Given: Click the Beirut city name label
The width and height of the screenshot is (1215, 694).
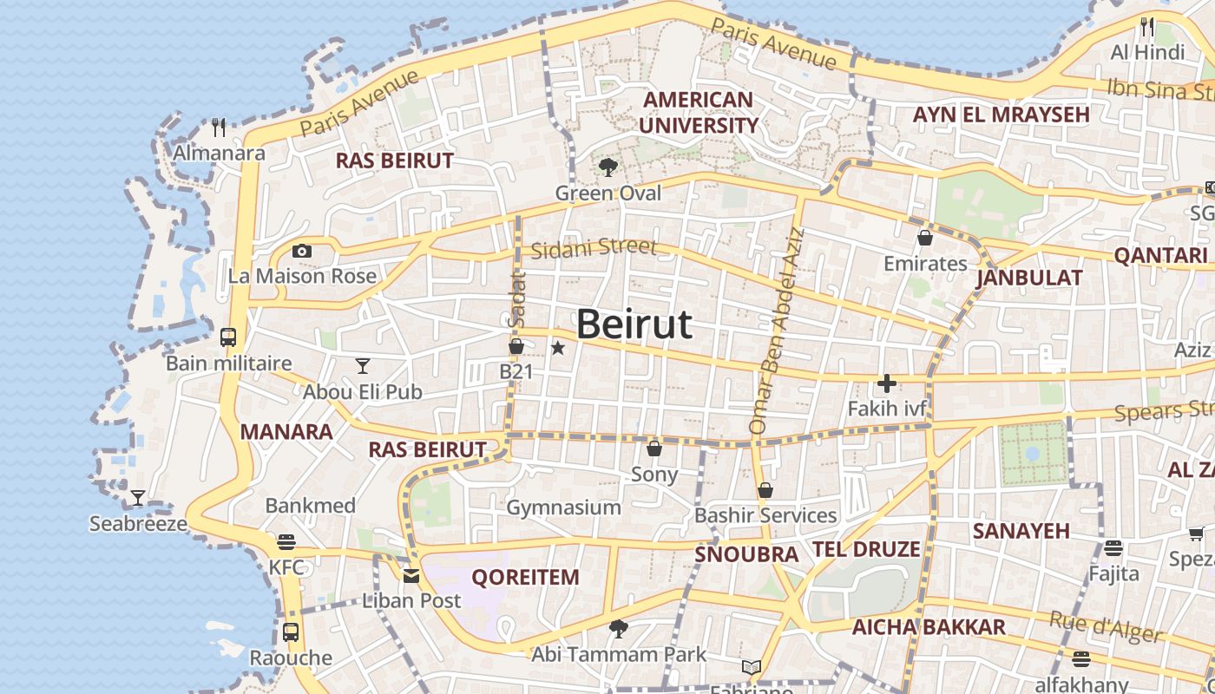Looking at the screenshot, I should [x=634, y=324].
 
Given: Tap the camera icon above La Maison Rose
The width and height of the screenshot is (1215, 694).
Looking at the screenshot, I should [x=302, y=252].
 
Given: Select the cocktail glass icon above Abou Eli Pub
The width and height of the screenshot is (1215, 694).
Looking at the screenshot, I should [x=363, y=366].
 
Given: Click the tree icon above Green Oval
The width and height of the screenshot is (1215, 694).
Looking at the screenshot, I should [x=607, y=167].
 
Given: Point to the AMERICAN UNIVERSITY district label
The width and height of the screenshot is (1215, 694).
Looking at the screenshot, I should [x=698, y=113].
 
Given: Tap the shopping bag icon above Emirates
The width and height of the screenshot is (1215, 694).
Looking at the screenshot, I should [x=925, y=238].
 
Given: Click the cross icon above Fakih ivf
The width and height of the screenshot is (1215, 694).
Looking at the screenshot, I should [x=887, y=383].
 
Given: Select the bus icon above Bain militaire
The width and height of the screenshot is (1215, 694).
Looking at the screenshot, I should [x=228, y=337].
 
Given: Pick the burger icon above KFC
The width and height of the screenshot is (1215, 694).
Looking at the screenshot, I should [x=286, y=543].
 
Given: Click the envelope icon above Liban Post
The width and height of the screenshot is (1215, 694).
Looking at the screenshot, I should [x=411, y=575].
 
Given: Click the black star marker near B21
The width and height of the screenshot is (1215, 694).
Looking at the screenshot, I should [x=558, y=348].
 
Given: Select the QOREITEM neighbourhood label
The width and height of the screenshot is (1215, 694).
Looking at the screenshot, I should [x=525, y=577].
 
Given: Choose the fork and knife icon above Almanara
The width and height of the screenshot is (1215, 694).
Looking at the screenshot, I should [x=219, y=128].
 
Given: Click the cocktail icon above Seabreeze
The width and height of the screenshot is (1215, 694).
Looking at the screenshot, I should [x=138, y=498].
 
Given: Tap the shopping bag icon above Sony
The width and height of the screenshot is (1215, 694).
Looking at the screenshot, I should [x=654, y=448].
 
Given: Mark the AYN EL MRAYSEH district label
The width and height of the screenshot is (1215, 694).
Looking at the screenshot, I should [x=1001, y=115].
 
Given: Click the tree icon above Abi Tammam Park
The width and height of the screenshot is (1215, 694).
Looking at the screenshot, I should [x=618, y=628].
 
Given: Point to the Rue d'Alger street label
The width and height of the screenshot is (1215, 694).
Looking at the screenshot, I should [x=1106, y=626].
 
